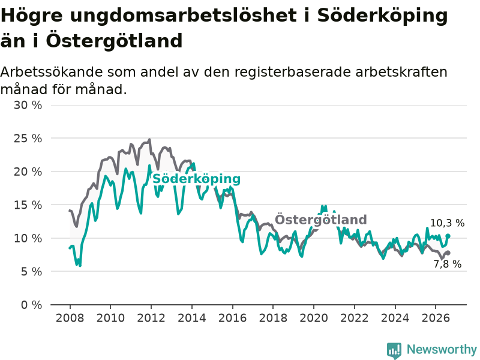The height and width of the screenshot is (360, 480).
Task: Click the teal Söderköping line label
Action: coord(197,179)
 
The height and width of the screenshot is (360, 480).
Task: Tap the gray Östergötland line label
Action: coord(320,220)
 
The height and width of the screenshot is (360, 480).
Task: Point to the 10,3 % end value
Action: coord(447,223)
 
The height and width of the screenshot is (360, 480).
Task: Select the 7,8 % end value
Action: coord(448,264)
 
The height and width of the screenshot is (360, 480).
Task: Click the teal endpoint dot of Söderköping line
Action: coord(448,236)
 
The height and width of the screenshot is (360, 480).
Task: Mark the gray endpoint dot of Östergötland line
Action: coord(448,253)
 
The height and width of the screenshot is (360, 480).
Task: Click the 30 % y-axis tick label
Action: coord(28,106)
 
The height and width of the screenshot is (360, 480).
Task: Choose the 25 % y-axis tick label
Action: coord(28,139)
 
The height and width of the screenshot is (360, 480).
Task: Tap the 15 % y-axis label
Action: coord(28,205)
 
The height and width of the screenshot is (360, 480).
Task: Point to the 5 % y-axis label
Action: coord(31,272)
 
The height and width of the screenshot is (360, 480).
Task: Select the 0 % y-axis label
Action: coord(31,305)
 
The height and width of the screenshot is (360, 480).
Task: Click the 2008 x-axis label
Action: coord(70,318)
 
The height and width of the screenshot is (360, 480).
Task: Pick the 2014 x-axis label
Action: coord(192,318)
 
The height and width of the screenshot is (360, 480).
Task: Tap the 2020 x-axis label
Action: coord(314,318)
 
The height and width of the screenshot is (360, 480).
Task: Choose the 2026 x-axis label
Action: coord(436,318)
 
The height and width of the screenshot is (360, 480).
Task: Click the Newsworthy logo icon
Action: coord(394,350)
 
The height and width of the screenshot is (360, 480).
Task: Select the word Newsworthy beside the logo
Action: coord(442,349)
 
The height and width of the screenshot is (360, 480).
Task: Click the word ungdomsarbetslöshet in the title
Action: coord(184,16)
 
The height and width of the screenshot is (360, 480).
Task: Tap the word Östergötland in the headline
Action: coord(115,41)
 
